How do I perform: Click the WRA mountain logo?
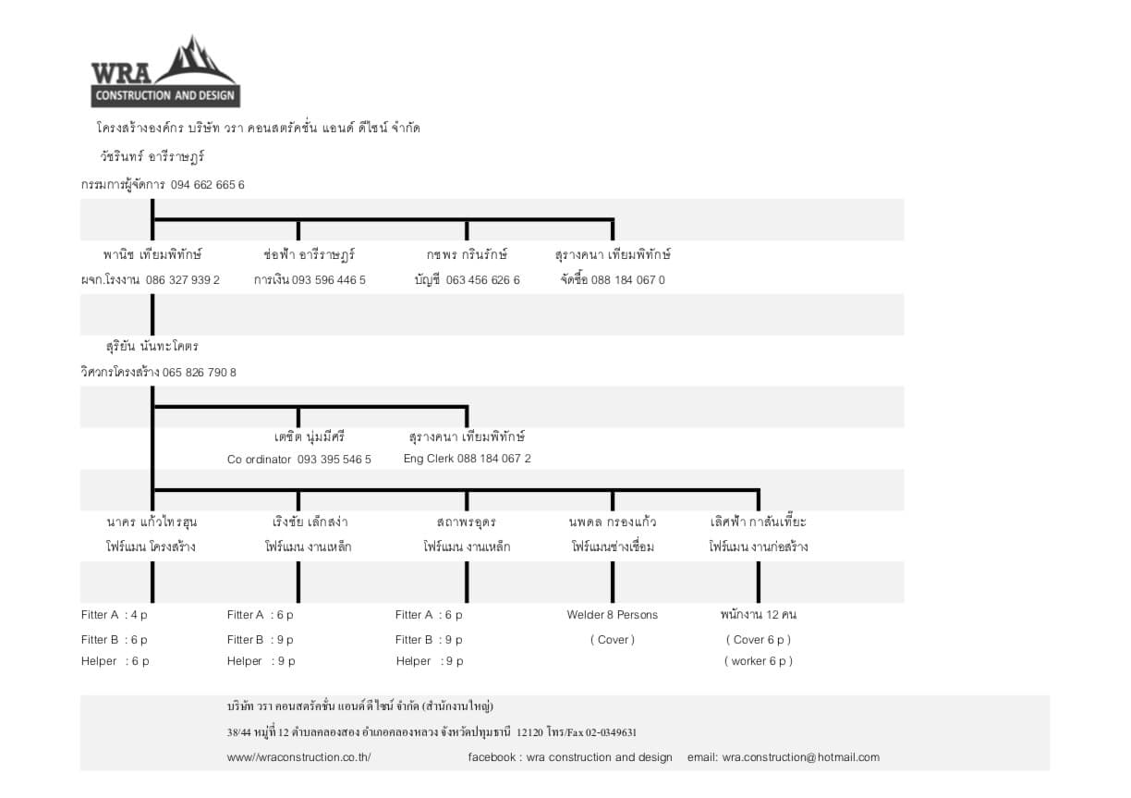[165, 71]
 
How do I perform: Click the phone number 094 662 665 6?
[208, 185]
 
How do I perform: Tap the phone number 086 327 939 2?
[183, 279]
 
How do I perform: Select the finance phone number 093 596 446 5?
[329, 279]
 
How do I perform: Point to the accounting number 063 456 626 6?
[483, 279]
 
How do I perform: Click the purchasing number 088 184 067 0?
[628, 279]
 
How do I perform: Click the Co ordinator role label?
[260, 459]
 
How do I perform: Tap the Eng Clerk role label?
[429, 459]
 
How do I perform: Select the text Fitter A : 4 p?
[115, 615]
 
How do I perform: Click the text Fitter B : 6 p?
[115, 640]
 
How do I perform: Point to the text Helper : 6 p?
[115, 661]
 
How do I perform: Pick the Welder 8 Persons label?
[613, 615]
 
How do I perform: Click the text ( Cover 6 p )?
[759, 640]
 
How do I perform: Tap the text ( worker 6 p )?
[759, 661]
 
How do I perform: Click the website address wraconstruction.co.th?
[299, 757]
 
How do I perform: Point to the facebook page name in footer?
[600, 757]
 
